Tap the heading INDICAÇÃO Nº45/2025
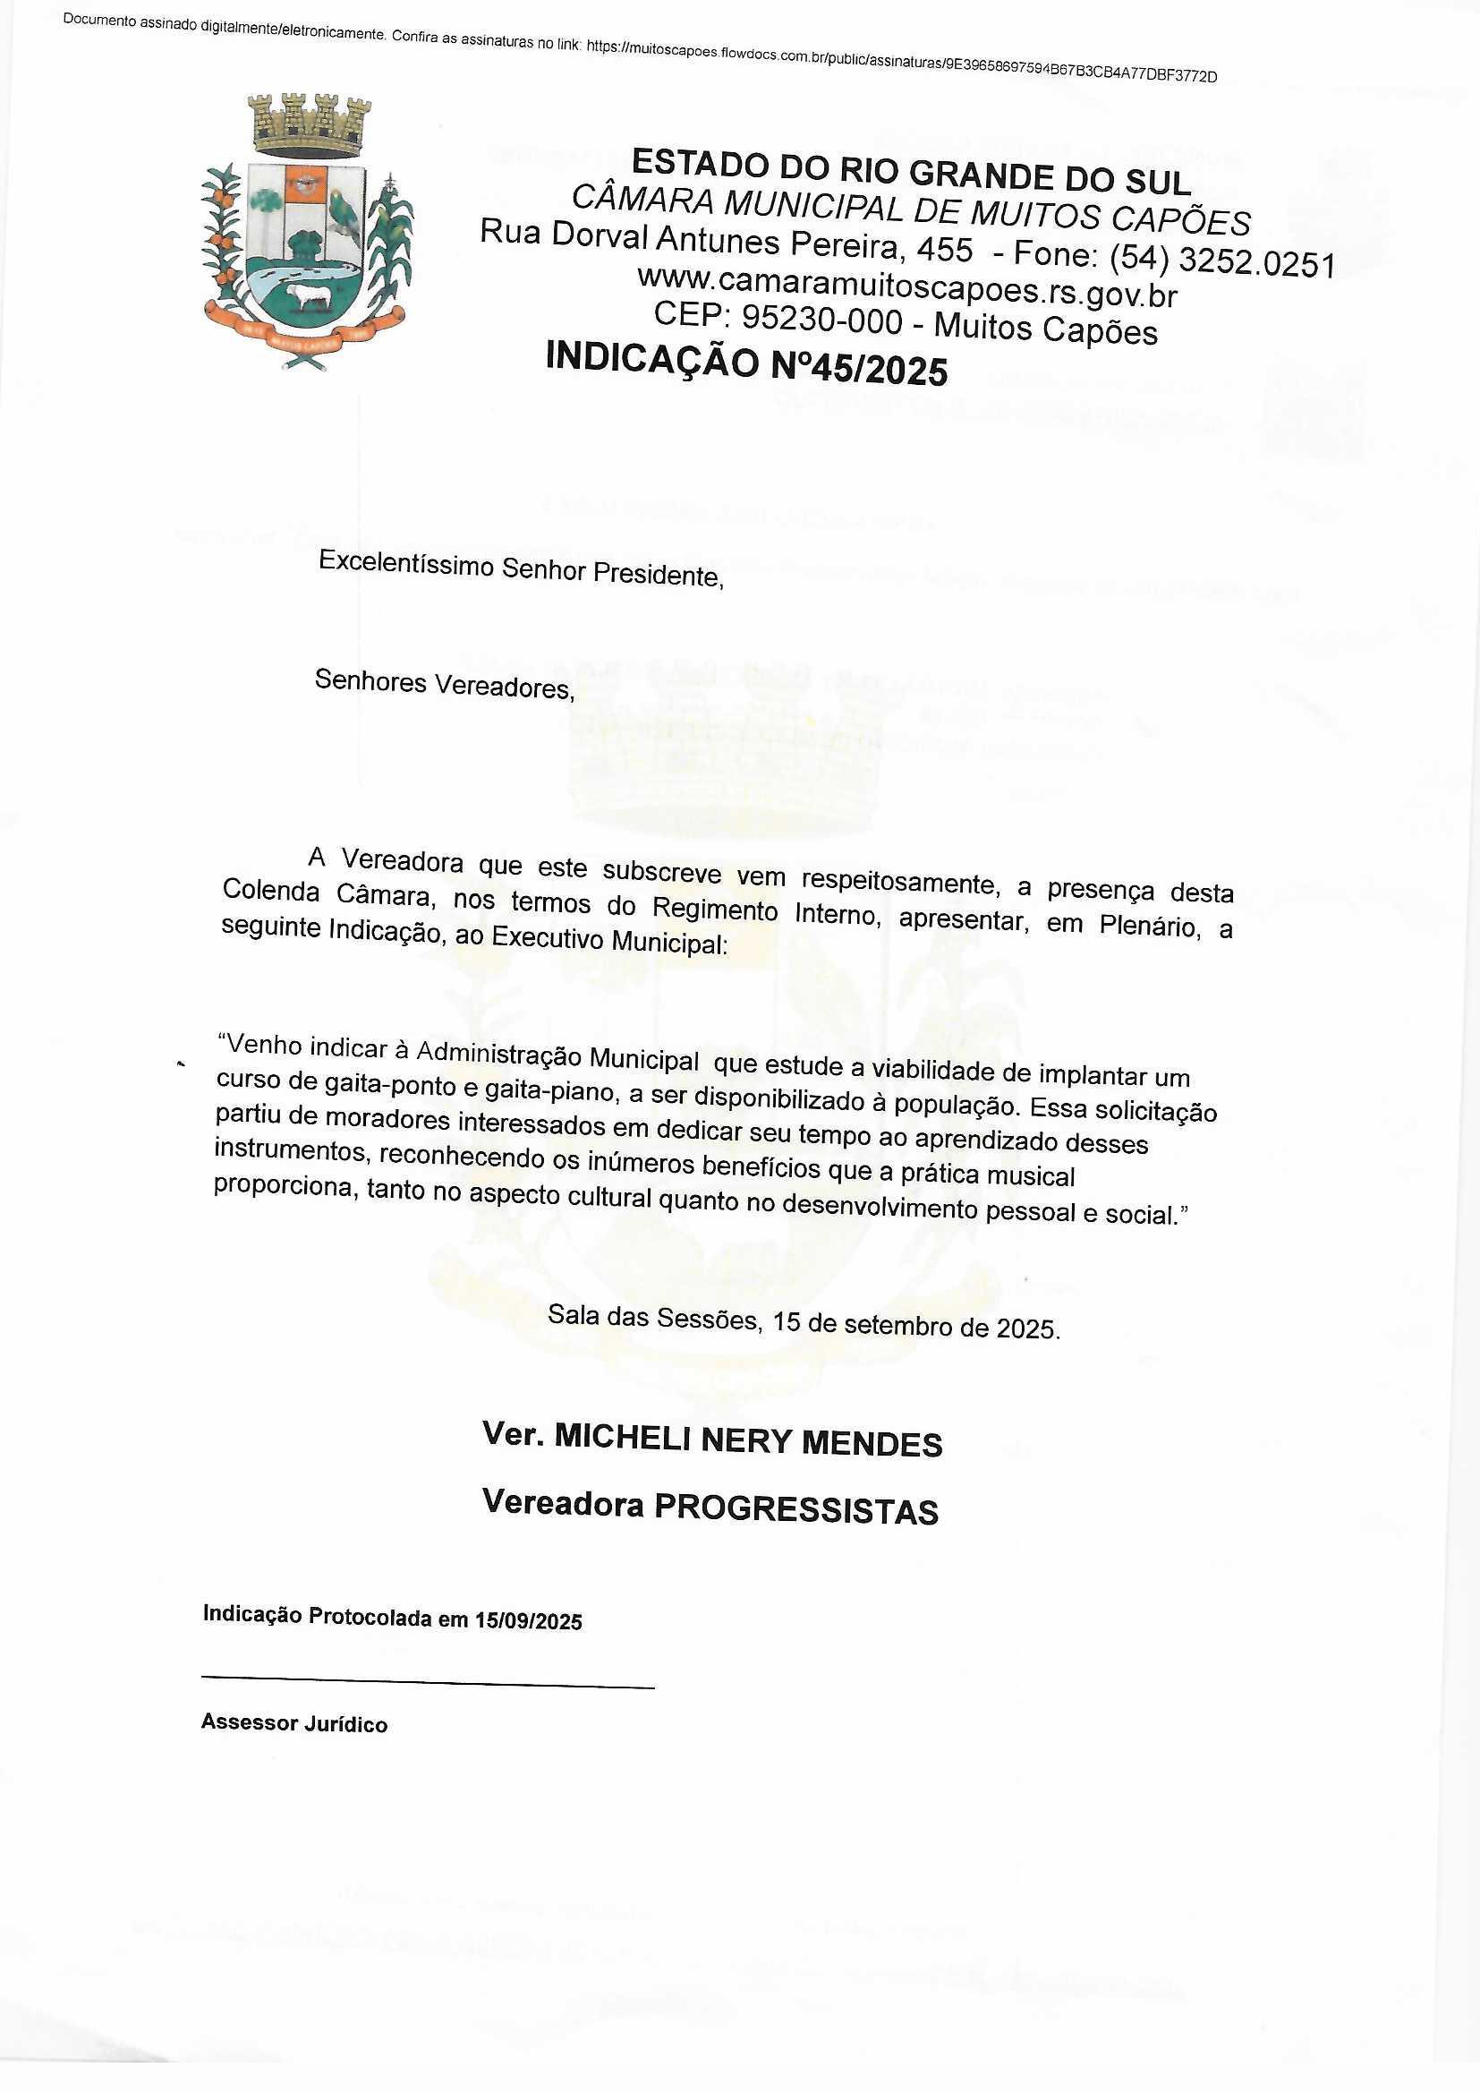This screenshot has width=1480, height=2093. pyautogui.click(x=746, y=363)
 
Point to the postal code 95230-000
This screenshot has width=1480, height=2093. pyautogui.click(x=821, y=320)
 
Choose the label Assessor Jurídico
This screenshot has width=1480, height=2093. pyautogui.click(x=294, y=1722)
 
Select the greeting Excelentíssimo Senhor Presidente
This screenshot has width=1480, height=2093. pyautogui.click(x=521, y=569)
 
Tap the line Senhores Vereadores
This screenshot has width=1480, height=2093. pyautogui.click(x=444, y=684)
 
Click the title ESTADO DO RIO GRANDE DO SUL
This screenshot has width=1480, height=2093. pyautogui.click(x=910, y=172)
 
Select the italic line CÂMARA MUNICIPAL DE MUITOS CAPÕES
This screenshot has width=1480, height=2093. pyautogui.click(x=910, y=209)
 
